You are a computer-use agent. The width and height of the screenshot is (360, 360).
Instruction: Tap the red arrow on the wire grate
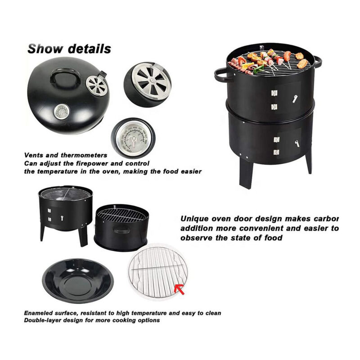pos(181,288)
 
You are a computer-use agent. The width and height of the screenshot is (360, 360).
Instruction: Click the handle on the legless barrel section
pos(122,231)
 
